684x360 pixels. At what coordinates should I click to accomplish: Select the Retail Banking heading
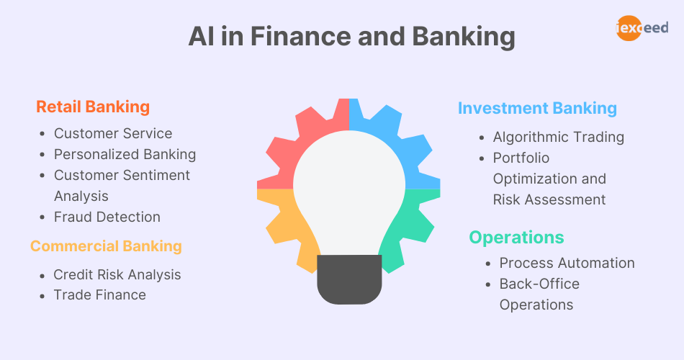point(93,107)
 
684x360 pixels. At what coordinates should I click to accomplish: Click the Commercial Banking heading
point(106,246)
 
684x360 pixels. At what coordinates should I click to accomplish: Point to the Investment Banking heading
point(537,109)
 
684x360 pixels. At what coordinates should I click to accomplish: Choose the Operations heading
point(516,237)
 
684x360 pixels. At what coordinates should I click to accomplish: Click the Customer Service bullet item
point(113,133)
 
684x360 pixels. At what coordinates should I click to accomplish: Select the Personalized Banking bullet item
point(125,154)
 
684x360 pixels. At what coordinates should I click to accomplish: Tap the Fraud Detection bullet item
point(107,217)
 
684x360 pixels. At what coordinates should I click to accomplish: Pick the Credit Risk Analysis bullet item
point(117,274)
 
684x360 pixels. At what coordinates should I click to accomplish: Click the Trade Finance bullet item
point(100,294)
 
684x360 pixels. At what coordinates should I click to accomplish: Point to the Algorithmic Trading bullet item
point(558,137)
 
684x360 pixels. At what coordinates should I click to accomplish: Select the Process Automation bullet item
point(567,263)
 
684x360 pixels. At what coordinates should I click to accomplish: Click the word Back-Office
point(539,284)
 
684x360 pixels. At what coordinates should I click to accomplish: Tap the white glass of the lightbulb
point(349,187)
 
